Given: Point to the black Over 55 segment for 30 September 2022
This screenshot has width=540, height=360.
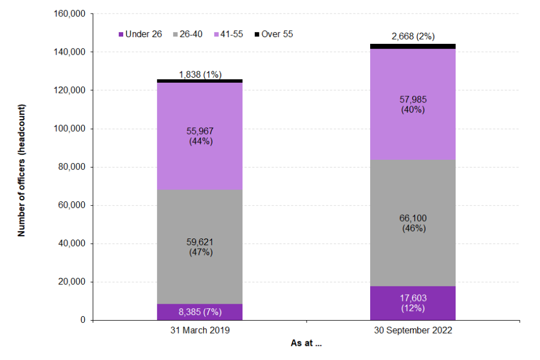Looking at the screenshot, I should click(412, 46).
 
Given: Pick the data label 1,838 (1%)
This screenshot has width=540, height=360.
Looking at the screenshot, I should click(200, 74).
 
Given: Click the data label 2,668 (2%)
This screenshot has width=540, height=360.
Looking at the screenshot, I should click(412, 37).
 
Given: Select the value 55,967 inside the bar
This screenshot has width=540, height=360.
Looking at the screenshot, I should click(200, 132).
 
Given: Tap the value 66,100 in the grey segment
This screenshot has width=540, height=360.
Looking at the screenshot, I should click(412, 218).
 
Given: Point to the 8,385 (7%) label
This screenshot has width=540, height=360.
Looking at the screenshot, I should click(200, 312).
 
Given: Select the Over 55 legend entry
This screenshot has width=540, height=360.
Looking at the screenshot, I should click(274, 34).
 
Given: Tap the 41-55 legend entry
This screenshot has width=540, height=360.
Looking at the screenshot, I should click(231, 34).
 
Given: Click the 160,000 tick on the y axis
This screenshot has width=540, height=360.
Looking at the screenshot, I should click(67, 13).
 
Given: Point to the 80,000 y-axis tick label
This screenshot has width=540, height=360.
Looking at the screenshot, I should click(70, 167).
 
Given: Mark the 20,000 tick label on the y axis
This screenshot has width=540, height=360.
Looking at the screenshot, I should click(70, 282).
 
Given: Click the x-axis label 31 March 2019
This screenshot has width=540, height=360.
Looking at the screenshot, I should click(200, 331).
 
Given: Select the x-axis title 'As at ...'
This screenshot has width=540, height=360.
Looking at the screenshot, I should click(306, 343).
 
